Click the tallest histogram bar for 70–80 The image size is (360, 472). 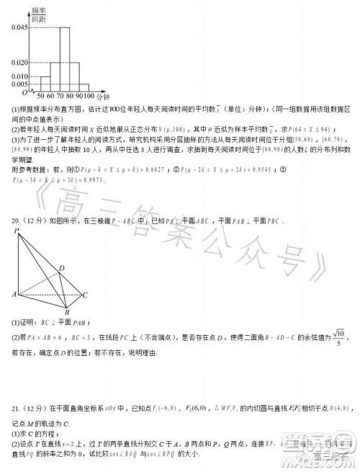click(x=64, y=59)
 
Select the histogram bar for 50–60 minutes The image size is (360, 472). click(x=45, y=84)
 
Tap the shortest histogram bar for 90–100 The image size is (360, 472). click(x=84, y=88)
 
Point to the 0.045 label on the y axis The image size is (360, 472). click(x=19, y=27)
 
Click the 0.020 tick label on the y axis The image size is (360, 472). click(x=19, y=62)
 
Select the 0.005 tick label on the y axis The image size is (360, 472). click(x=19, y=84)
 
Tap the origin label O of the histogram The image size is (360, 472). click(x=23, y=92)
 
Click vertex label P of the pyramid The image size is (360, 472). click(x=16, y=231)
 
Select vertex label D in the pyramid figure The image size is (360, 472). click(x=63, y=267)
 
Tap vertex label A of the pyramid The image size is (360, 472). click(x=14, y=295)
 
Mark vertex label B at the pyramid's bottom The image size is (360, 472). click(x=67, y=313)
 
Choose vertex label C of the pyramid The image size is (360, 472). click(x=85, y=295)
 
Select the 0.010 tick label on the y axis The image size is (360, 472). click(x=19, y=76)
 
